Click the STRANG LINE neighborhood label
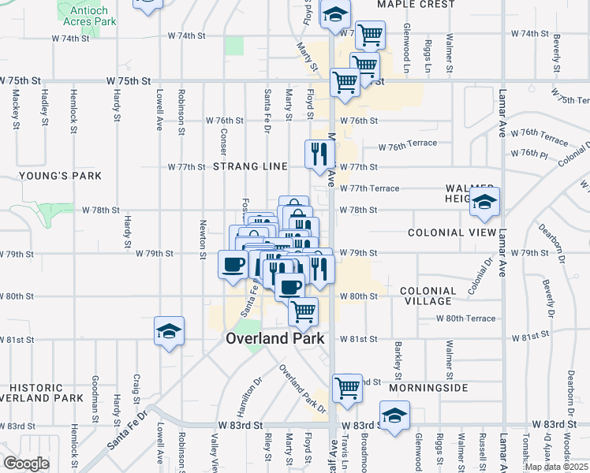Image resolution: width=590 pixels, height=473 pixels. click(x=259, y=167)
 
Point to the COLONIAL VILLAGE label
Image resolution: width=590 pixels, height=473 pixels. click(x=428, y=296)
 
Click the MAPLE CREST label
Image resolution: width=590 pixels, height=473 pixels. click(x=416, y=5)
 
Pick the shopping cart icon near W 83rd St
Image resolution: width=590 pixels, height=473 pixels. click(x=346, y=389)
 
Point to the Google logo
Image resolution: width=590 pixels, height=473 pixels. click(x=26, y=463)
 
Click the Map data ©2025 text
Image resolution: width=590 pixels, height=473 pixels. click(x=556, y=467)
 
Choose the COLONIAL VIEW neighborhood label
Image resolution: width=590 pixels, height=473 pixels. click(x=453, y=233)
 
